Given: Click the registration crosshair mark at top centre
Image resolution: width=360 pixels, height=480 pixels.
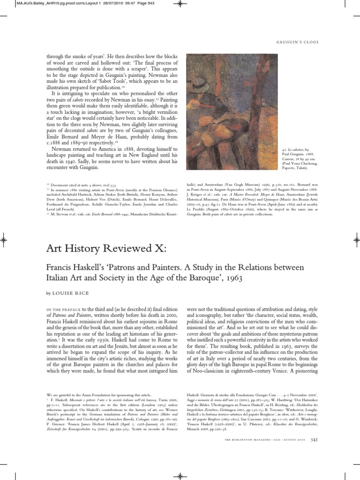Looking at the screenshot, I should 179,5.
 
